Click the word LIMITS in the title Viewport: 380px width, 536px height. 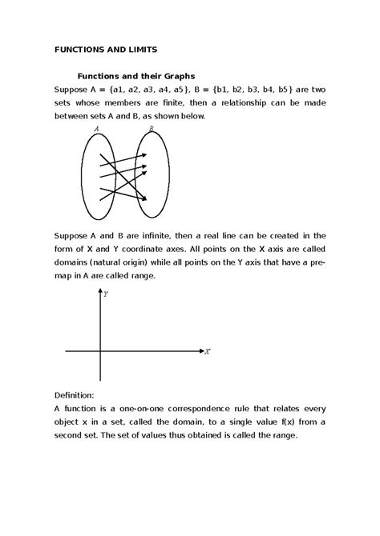[x=132, y=50]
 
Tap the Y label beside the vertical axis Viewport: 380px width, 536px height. [x=106, y=294]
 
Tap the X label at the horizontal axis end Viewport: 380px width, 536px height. [x=208, y=351]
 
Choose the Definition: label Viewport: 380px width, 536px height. [x=74, y=395]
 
